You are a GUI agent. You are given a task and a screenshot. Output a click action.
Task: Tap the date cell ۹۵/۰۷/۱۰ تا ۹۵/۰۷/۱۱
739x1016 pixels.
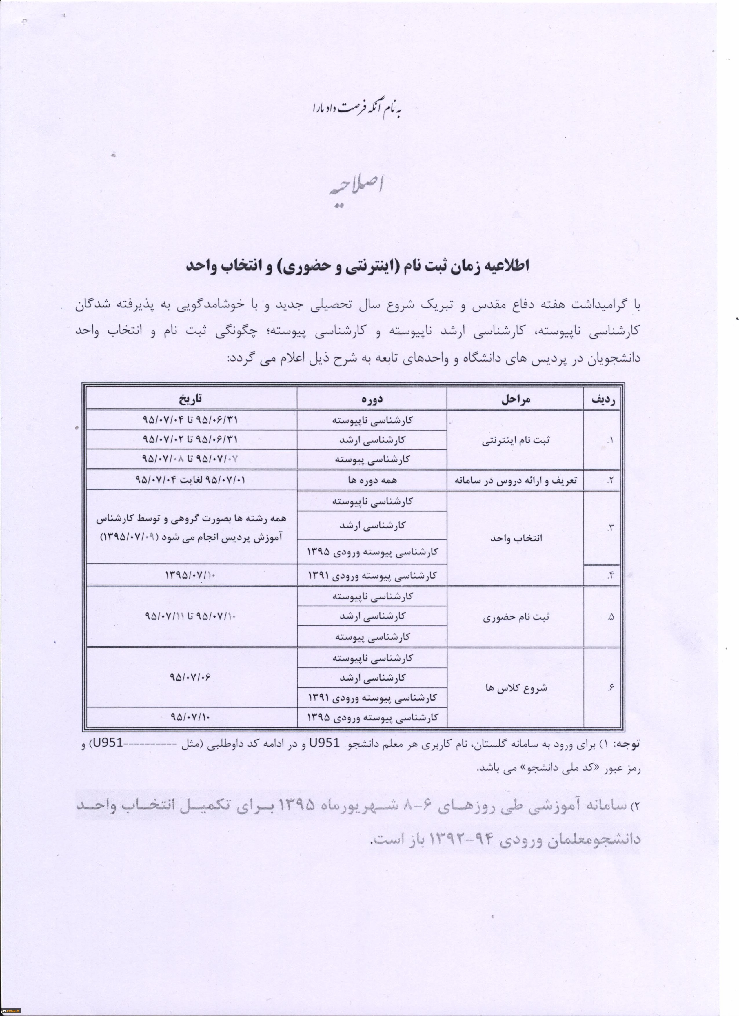pyautogui.click(x=190, y=616)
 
